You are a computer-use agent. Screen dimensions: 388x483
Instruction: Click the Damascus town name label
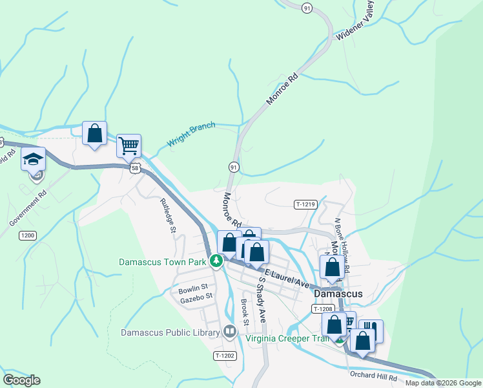click(x=338, y=294)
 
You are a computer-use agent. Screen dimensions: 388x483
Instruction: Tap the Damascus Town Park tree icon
click(x=217, y=262)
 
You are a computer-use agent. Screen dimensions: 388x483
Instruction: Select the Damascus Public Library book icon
click(x=230, y=332)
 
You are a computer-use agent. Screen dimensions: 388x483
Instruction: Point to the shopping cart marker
click(x=129, y=145)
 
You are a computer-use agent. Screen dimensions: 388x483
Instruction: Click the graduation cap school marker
click(x=33, y=158)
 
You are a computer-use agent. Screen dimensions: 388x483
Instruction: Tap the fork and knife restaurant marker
click(x=371, y=331)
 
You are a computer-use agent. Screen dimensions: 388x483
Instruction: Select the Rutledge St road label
click(x=167, y=214)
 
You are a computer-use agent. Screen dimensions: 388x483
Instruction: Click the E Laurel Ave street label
click(x=287, y=278)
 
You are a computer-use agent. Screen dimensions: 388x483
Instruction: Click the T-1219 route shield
click(x=305, y=204)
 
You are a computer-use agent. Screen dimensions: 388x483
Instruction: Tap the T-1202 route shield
click(x=225, y=356)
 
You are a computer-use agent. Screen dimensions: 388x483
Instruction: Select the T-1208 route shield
click(x=322, y=309)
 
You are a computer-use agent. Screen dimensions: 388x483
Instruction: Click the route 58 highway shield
click(x=134, y=167)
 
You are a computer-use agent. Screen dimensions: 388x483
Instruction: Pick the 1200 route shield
click(x=27, y=235)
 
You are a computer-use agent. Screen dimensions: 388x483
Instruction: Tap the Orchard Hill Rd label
click(x=374, y=376)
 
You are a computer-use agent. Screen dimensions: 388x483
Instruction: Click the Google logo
click(x=21, y=380)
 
